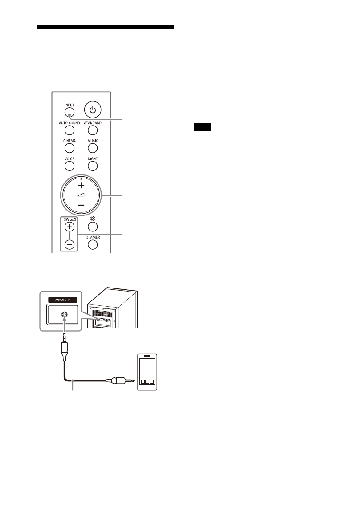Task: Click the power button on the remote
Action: (x=93, y=109)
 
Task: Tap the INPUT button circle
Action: (x=70, y=113)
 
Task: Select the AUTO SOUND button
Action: (x=70, y=130)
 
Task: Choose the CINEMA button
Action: (x=70, y=148)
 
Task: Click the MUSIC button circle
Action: (x=93, y=148)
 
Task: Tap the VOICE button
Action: (x=70, y=166)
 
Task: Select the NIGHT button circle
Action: (x=93, y=166)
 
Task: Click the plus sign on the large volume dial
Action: (x=81, y=185)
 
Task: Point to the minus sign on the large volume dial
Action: (x=81, y=205)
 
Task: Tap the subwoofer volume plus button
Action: (x=69, y=227)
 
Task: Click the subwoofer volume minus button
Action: (x=69, y=244)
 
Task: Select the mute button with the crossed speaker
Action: (x=93, y=226)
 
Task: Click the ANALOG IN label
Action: (x=62, y=300)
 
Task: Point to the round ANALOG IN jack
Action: (x=65, y=315)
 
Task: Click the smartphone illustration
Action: (x=147, y=372)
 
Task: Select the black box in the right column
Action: (x=202, y=127)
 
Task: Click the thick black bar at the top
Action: (x=105, y=28)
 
